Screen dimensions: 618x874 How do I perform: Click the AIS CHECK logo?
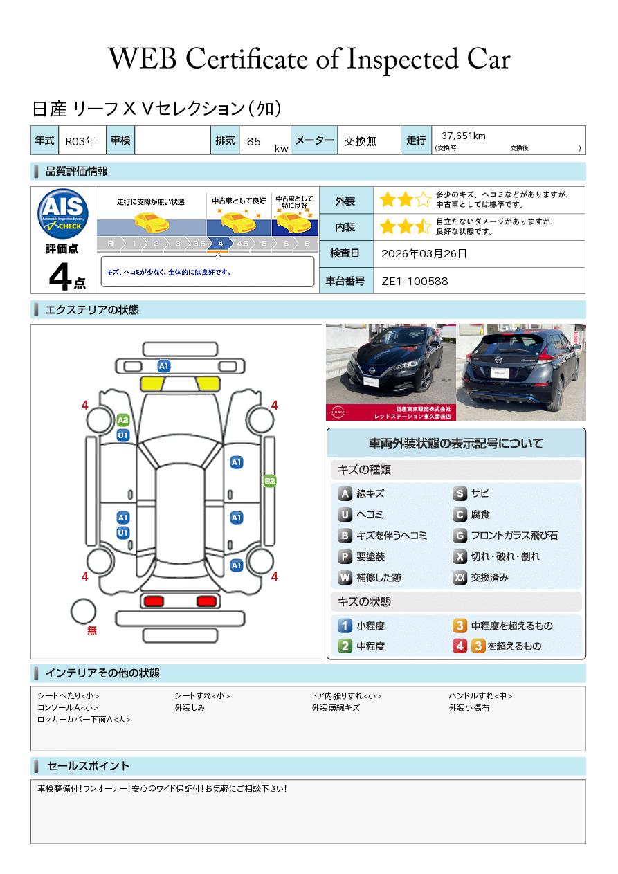pos(63,214)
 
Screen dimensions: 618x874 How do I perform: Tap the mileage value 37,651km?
pos(464,136)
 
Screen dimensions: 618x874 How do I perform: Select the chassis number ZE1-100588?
pos(415,282)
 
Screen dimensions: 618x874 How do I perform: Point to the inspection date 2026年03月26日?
pos(424,253)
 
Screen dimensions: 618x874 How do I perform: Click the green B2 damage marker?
pos(270,481)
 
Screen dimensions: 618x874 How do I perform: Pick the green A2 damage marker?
pos(123,420)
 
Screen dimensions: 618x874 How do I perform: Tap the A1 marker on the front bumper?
pos(164,366)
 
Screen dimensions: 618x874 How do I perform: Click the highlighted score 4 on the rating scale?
pos(221,244)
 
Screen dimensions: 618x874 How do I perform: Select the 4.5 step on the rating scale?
pos(242,244)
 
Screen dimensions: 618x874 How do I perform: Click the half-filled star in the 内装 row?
pos(424,226)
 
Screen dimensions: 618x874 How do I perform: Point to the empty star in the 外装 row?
pos(424,199)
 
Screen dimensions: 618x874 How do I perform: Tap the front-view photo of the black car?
pos(391,372)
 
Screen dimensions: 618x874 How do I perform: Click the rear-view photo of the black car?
pos(521,372)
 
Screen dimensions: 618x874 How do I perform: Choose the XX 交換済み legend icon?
pos(460,577)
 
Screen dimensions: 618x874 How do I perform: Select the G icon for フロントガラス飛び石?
pos(460,536)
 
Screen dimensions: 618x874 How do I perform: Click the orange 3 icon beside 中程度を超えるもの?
pos(460,626)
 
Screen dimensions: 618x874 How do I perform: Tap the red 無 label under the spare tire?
pos(92,630)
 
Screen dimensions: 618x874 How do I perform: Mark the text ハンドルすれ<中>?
pos(480,695)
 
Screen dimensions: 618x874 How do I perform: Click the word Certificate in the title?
pos(246,60)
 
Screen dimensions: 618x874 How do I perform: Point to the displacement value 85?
pos(253,141)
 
